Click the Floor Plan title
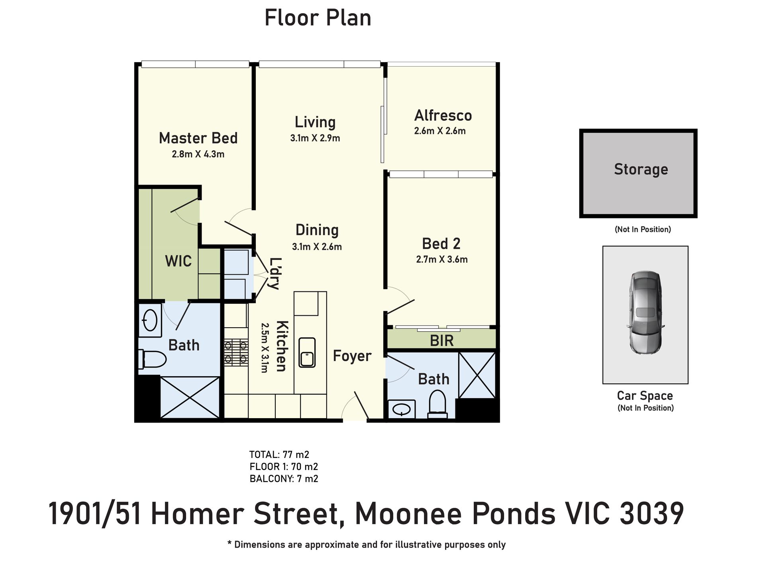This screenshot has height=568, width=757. coord(318,18)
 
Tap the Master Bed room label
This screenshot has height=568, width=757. coord(198,138)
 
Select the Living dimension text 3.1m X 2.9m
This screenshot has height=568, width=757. coord(315,138)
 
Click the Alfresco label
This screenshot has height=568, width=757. coord(443,116)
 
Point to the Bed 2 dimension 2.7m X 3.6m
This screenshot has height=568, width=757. coord(442,259)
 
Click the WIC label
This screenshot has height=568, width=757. coord(178,261)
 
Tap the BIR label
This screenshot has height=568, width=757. coord(442,341)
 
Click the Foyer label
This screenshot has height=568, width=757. coord(352,356)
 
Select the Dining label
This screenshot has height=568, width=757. coord(317,230)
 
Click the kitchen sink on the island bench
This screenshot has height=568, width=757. coord(307,352)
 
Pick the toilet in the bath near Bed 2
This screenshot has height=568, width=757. coord(437,403)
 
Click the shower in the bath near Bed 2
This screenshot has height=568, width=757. coord(477,375)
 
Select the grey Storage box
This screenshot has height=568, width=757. coord(638,173)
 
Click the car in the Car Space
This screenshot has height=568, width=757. coord(645,312)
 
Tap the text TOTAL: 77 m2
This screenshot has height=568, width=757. coord(279,454)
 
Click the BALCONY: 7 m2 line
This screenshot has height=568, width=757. coord(284,479)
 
